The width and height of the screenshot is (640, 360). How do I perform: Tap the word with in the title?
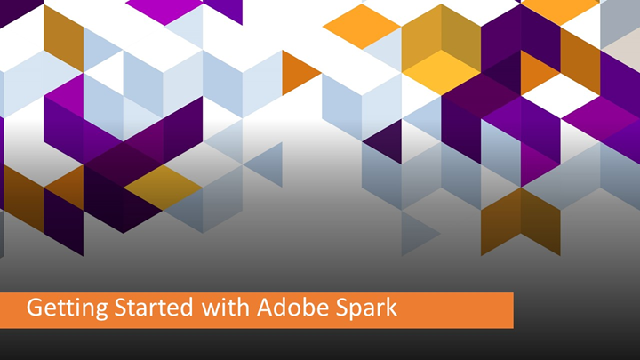[216, 309]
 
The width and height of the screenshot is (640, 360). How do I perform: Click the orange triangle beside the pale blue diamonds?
[299, 73]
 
